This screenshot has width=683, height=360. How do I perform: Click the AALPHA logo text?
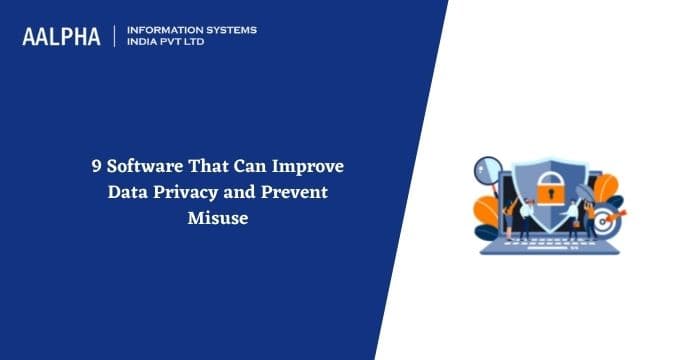click(x=62, y=37)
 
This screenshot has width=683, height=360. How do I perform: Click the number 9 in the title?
click(x=85, y=167)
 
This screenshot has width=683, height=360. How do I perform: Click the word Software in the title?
click(x=131, y=167)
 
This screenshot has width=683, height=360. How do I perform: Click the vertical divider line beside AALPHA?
click(x=116, y=36)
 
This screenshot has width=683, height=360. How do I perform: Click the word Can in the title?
click(x=254, y=167)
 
